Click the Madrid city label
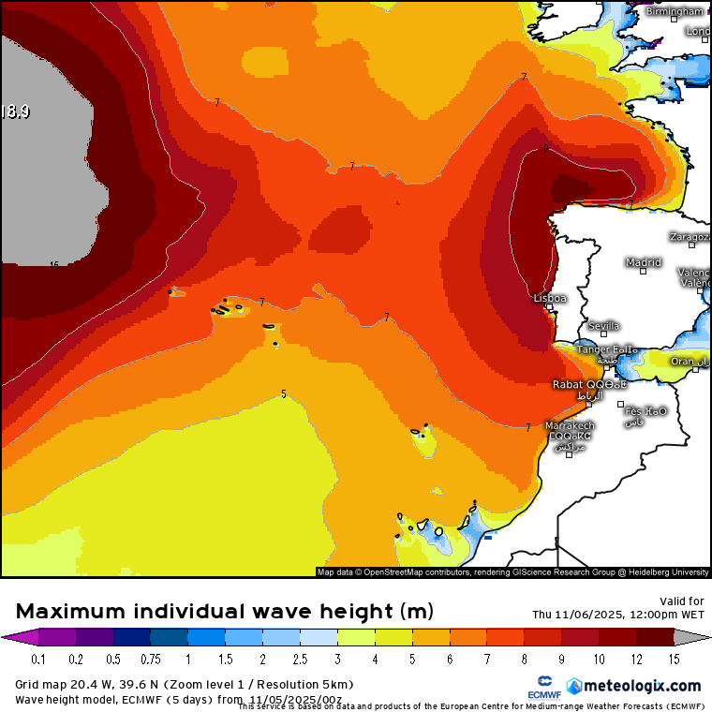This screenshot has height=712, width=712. pyautogui.click(x=644, y=262)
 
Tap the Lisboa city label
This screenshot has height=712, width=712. pyautogui.click(x=550, y=298)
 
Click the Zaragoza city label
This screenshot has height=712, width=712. pyautogui.click(x=690, y=237)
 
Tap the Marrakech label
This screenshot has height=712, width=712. pyautogui.click(x=571, y=425)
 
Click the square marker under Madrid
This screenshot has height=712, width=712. pyautogui.click(x=644, y=272)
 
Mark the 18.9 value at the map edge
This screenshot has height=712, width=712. pyautogui.click(x=15, y=111)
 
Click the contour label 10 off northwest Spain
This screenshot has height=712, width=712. pyautogui.click(x=543, y=148)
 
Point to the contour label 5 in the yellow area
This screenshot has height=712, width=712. pyautogui.click(x=284, y=393)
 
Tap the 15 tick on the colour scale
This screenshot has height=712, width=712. pyautogui.click(x=674, y=660)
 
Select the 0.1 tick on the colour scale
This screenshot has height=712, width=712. pyautogui.click(x=38, y=660)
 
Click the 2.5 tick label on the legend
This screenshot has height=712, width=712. pyautogui.click(x=300, y=660)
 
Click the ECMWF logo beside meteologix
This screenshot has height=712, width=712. pyautogui.click(x=544, y=684)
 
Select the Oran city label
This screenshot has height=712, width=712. pyautogui.click(x=682, y=362)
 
